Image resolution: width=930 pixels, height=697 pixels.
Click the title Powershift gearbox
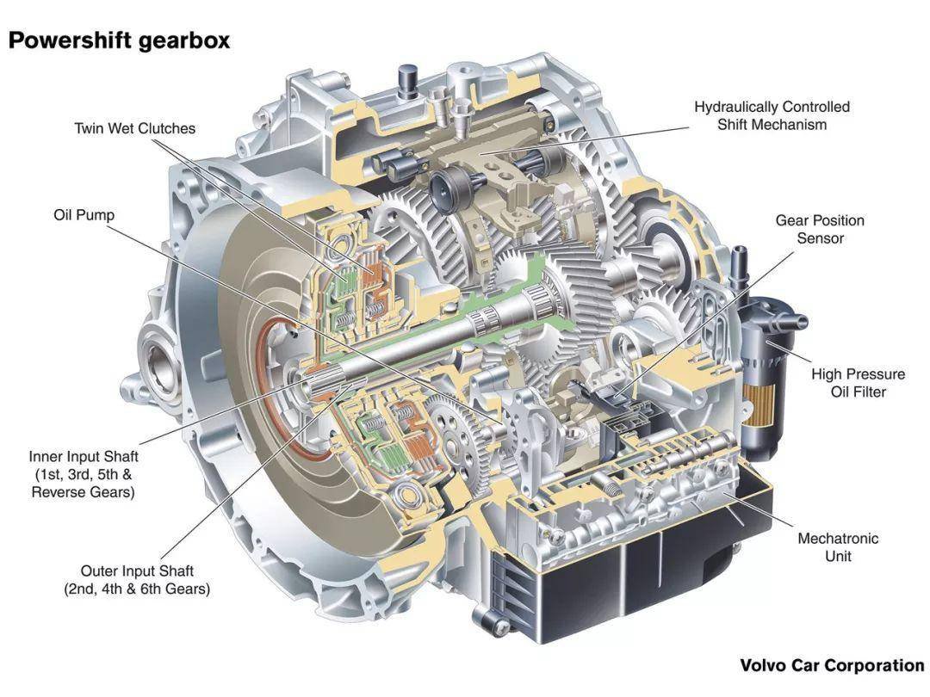[x=119, y=40]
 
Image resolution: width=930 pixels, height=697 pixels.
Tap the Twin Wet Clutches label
[x=134, y=128]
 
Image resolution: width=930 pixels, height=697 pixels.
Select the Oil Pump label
[x=84, y=214]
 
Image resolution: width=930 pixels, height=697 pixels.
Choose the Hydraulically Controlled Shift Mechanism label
[x=772, y=115]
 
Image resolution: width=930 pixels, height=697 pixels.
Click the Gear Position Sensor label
[x=820, y=230]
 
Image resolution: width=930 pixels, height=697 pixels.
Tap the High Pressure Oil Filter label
[x=858, y=383]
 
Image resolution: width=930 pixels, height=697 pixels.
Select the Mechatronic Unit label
[x=838, y=547]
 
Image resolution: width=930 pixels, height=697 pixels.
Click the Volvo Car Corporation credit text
[x=832, y=665]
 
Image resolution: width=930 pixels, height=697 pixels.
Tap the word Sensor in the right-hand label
[x=821, y=238]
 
